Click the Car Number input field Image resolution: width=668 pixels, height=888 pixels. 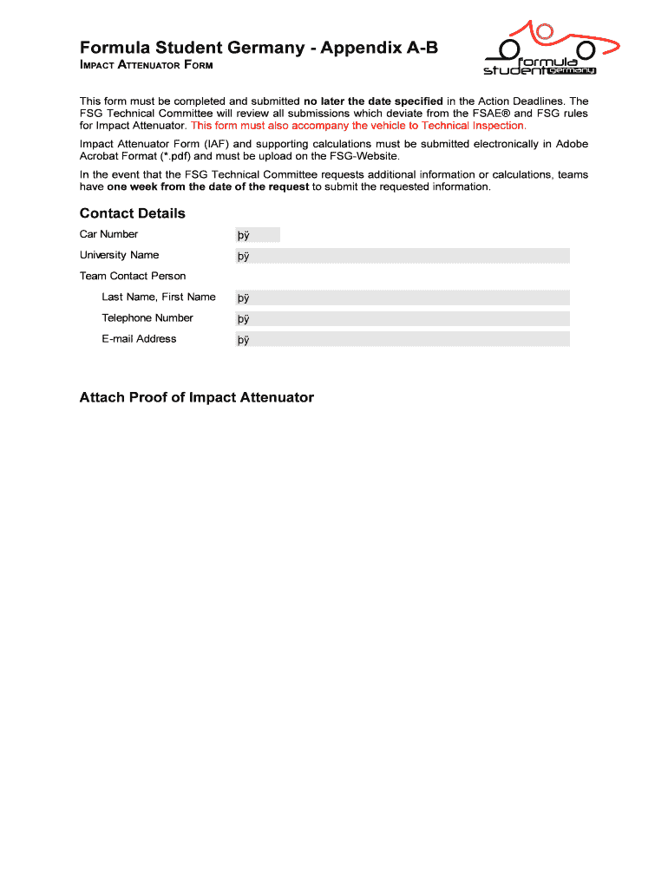(x=258, y=234)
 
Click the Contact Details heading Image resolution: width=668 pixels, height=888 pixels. (x=132, y=213)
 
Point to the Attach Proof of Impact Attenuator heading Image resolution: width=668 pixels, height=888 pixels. (x=196, y=397)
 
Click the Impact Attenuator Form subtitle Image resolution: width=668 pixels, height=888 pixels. (x=146, y=66)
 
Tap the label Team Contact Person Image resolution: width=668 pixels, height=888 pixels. (x=133, y=277)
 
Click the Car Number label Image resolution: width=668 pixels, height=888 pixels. (x=108, y=234)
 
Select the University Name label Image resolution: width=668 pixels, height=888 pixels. (x=119, y=255)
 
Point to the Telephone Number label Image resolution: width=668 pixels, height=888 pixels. (x=147, y=318)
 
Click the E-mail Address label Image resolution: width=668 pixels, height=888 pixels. (x=139, y=339)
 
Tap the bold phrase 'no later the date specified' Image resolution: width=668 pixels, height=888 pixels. (x=373, y=101)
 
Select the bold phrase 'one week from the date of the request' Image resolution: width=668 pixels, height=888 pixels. (x=207, y=186)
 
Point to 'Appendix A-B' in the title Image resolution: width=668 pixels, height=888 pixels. (x=379, y=48)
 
